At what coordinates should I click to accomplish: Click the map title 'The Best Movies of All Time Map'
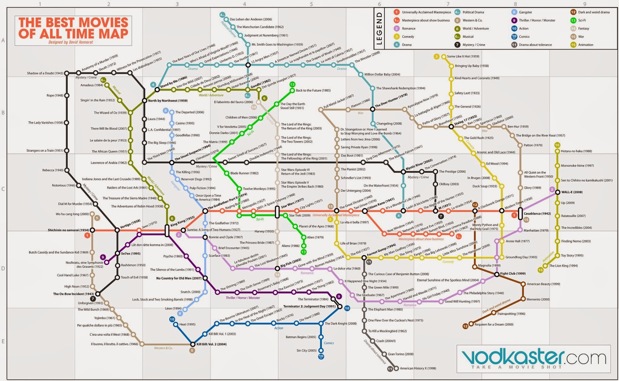pyautogui.click(x=74, y=28)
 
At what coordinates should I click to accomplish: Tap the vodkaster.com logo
pyautogui.click(x=534, y=358)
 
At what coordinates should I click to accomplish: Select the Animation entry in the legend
pyautogui.click(x=585, y=45)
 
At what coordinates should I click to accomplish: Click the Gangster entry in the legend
pyautogui.click(x=525, y=12)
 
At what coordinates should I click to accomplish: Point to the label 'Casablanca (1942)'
pyautogui.click(x=537, y=214)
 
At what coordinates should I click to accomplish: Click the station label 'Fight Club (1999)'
pyautogui.click(x=513, y=273)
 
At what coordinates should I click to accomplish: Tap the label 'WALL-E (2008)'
pyautogui.click(x=572, y=192)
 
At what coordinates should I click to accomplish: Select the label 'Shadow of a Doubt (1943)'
pyautogui.click(x=45, y=73)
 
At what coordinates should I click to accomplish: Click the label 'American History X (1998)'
pyautogui.click(x=418, y=368)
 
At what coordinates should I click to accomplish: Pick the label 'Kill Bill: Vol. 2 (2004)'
pyautogui.click(x=211, y=344)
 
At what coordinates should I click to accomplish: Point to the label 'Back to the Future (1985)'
pyautogui.click(x=313, y=91)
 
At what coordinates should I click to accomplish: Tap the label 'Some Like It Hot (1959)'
pyautogui.click(x=463, y=56)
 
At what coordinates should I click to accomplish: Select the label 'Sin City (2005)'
pyautogui.click(x=306, y=351)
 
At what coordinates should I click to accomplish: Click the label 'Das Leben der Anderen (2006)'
pyautogui.click(x=251, y=19)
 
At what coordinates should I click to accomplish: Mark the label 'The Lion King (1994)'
pyautogui.click(x=563, y=266)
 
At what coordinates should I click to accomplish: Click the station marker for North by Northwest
pyautogui.click(x=144, y=101)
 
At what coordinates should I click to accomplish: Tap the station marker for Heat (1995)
pyautogui.click(x=175, y=325)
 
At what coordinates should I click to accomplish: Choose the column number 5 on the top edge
pyautogui.click(x=311, y=4)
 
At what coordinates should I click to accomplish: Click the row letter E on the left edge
pyautogui.click(x=3, y=342)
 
